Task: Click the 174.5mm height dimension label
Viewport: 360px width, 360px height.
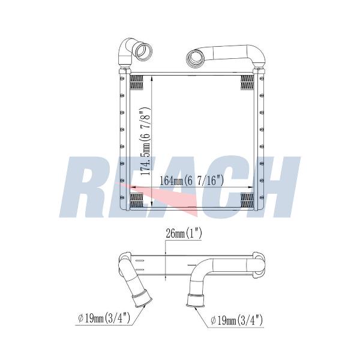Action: click(x=145, y=141)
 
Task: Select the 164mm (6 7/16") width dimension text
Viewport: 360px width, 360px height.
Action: click(x=191, y=180)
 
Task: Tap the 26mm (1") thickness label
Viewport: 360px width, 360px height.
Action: click(x=184, y=234)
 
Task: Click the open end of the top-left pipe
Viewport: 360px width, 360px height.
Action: click(x=144, y=51)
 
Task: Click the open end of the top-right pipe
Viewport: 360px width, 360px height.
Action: click(x=195, y=59)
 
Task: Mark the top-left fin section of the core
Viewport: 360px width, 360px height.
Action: click(x=137, y=82)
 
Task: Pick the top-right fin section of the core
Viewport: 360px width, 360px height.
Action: click(x=247, y=82)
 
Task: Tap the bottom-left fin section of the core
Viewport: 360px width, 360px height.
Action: click(x=137, y=200)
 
